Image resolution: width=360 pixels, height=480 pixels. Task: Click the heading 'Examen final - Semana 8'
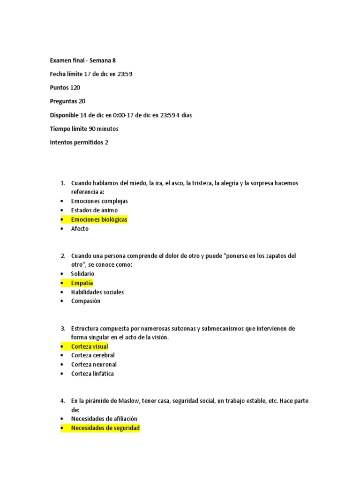point(82,60)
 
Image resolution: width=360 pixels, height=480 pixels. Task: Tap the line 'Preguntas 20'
point(67,101)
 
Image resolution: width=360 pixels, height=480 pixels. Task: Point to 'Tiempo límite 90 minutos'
point(84,129)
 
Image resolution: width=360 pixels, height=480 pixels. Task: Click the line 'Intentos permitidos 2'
point(79,142)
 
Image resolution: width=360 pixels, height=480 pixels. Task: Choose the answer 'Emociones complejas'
point(99,201)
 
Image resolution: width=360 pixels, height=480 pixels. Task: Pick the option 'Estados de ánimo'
point(94,210)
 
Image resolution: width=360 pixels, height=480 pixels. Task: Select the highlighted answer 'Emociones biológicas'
point(99,219)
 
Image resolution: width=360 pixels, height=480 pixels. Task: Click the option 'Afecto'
point(80,229)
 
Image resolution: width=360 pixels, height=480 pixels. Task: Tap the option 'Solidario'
point(82,274)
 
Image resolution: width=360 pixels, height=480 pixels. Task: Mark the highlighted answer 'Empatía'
point(82,283)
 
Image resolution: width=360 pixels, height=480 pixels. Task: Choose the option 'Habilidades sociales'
point(97,292)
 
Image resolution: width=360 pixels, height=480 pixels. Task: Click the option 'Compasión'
point(86,301)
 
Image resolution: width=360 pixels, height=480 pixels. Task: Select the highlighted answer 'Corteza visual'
point(89,346)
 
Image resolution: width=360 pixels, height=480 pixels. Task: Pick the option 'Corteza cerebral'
point(93,355)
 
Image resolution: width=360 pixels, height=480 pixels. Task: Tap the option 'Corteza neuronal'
point(94,365)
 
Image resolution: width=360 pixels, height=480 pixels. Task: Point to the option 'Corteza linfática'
point(92,374)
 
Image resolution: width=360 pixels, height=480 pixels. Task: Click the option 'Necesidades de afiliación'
point(104,419)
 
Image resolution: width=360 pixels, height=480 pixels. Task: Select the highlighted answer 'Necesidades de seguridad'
point(105,428)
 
